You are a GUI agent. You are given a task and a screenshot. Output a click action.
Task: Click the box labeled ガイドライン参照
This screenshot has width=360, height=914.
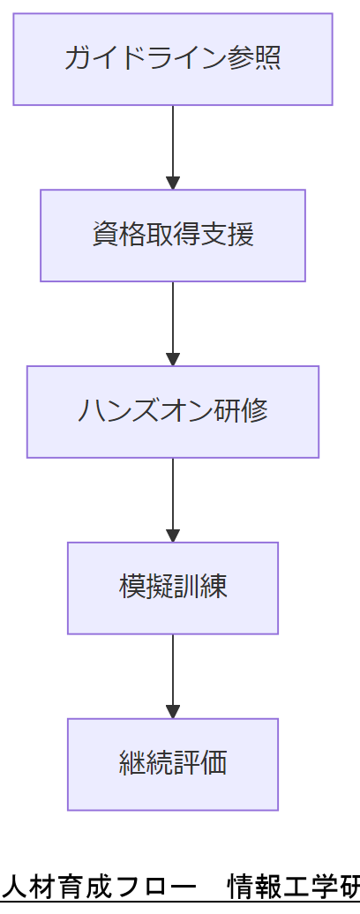(173, 59)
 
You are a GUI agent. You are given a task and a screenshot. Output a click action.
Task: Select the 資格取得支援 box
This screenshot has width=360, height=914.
(173, 236)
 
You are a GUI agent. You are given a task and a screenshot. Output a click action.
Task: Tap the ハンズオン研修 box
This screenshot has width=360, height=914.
(173, 412)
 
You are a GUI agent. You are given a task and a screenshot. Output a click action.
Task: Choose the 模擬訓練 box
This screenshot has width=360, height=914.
(173, 588)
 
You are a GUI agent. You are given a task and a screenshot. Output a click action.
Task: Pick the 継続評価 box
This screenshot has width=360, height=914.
(173, 764)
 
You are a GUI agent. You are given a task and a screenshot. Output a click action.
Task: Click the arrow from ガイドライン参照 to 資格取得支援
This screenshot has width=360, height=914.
(173, 146)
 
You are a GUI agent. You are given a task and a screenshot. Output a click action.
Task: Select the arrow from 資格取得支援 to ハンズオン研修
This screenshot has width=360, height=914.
(173, 323)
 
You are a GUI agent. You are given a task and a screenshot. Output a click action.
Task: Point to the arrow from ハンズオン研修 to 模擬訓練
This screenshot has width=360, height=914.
(173, 499)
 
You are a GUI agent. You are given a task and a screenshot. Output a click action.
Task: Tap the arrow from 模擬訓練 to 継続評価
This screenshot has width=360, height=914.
(173, 676)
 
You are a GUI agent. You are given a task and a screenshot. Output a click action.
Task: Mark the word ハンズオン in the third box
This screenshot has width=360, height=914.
(145, 411)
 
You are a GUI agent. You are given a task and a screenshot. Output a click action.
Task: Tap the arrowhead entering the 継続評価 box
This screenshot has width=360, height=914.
(173, 712)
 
